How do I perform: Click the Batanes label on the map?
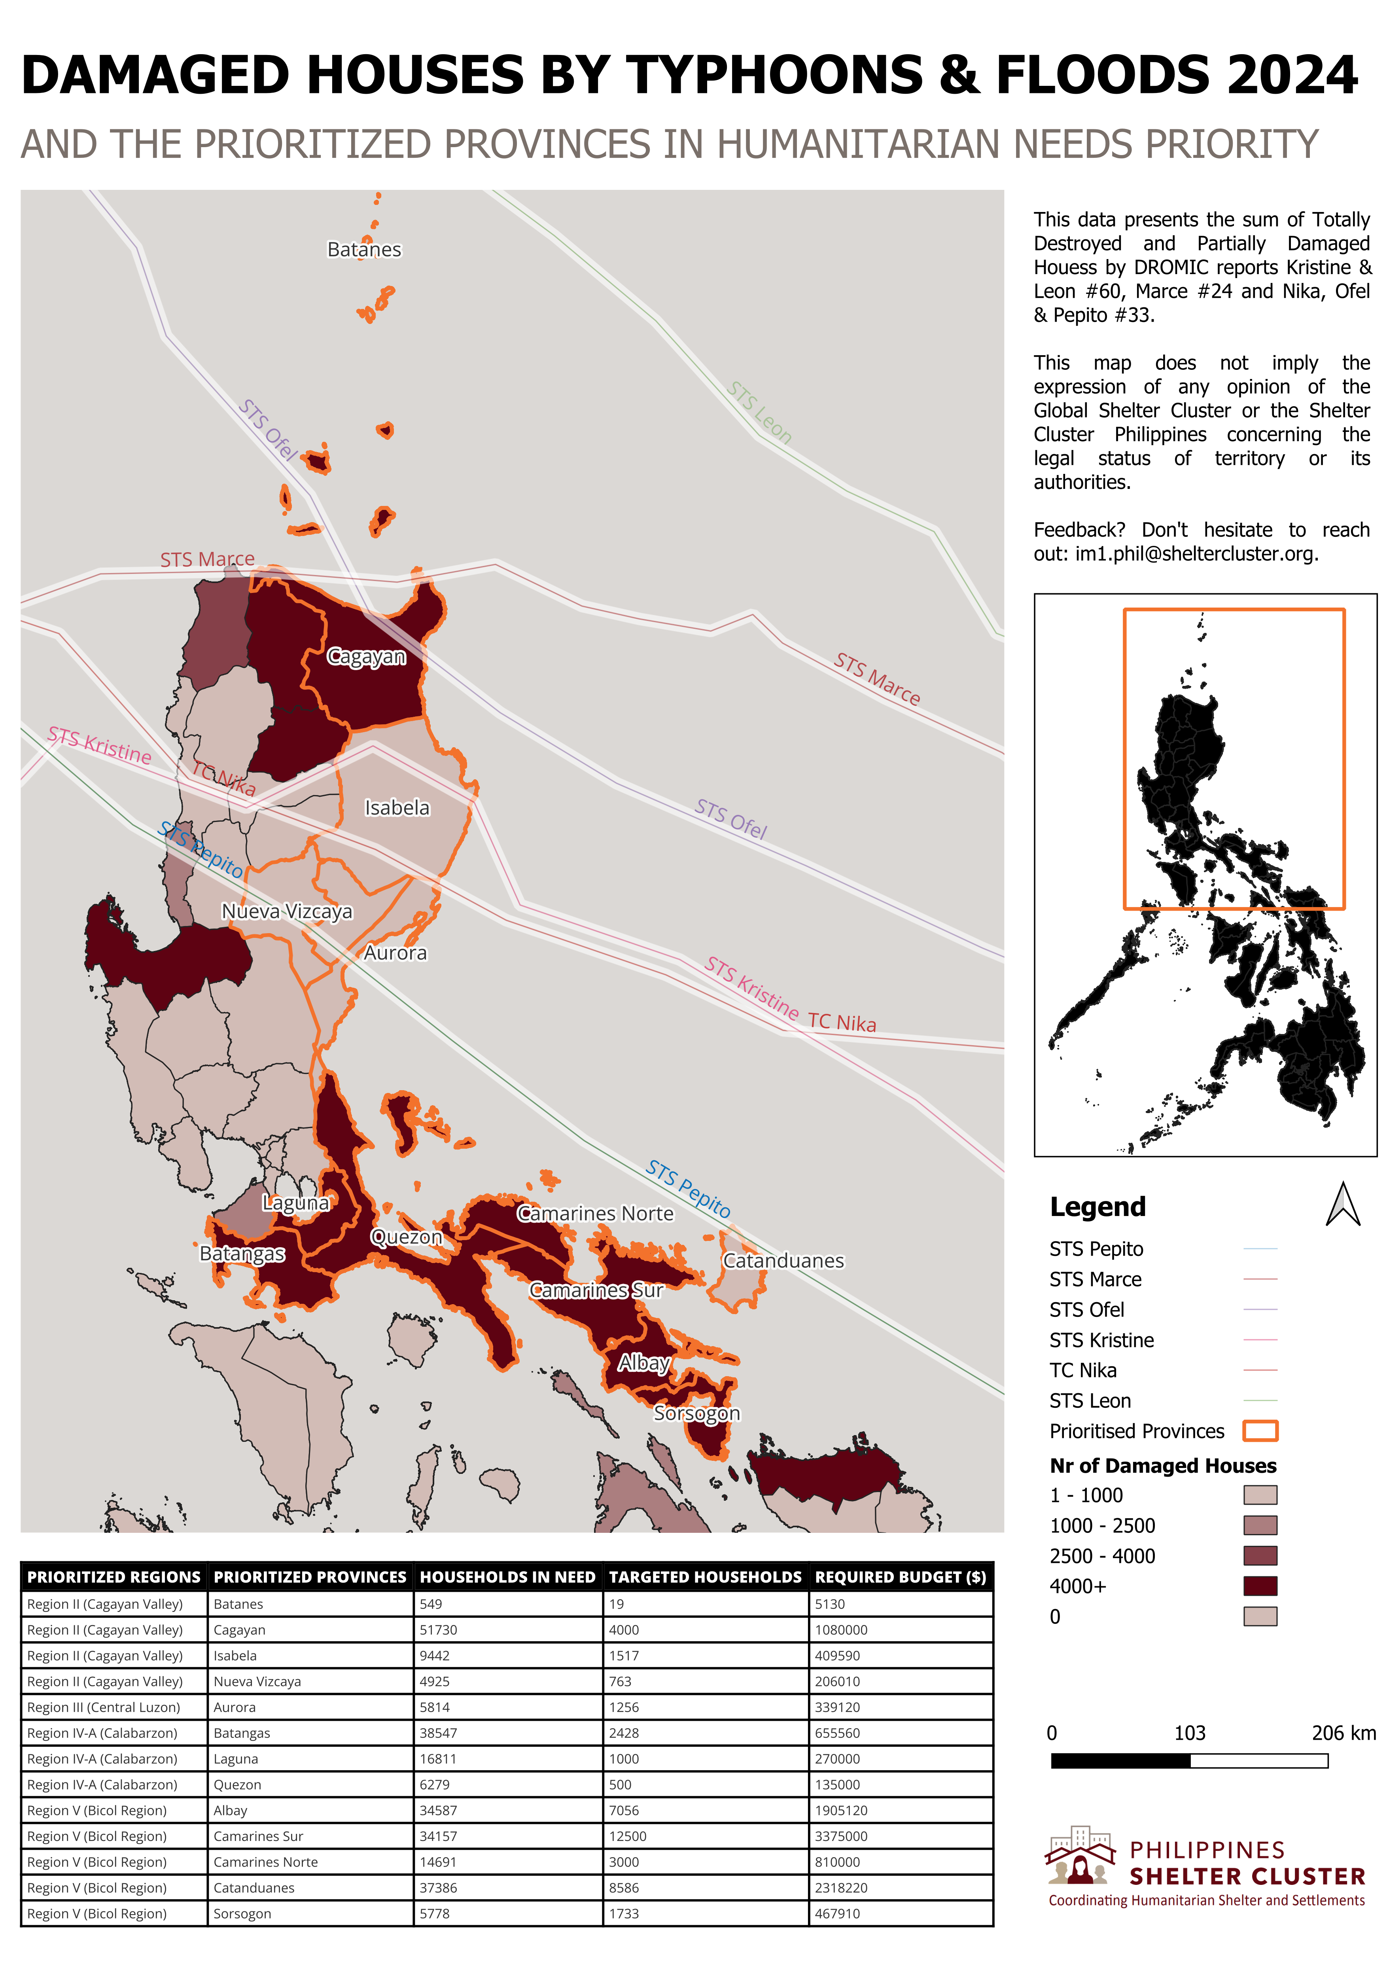point(364,250)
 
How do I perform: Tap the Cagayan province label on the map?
point(366,657)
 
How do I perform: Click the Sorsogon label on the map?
point(696,1413)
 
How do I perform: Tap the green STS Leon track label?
point(760,413)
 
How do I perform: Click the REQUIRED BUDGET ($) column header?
point(900,1578)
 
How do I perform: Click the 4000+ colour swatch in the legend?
point(1260,1586)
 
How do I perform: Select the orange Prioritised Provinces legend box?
point(1260,1431)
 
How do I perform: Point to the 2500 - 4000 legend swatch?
point(1260,1556)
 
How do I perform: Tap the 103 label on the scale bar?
point(1190,1733)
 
